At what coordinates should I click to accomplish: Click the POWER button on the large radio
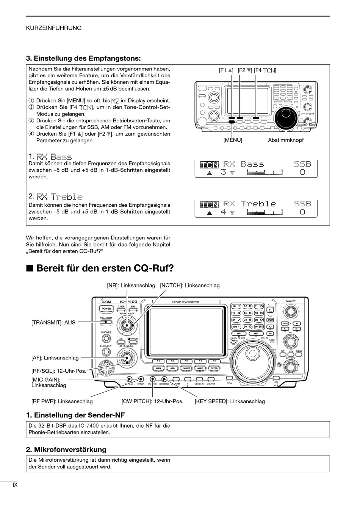coord(106,309)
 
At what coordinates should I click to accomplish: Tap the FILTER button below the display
coord(214,368)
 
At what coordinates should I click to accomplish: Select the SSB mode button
coord(172,368)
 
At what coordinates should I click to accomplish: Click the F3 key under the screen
coord(186,361)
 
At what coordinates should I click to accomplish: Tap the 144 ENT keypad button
coord(259,326)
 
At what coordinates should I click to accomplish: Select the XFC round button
coord(234,340)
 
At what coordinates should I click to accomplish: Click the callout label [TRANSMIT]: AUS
coord(53,323)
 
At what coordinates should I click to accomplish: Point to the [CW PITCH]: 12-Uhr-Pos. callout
coord(152,401)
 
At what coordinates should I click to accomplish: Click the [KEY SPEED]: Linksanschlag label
coord(230,401)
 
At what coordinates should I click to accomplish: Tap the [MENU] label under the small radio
coord(233,140)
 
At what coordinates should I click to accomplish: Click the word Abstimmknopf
coord(286,140)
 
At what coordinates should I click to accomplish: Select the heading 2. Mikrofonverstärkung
coord(66,450)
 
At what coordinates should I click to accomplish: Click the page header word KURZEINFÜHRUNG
coord(53,28)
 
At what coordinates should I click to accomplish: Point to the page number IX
coord(15,484)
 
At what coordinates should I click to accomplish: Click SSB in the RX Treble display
coord(303,204)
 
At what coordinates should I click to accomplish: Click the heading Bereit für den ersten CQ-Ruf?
coord(105,269)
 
